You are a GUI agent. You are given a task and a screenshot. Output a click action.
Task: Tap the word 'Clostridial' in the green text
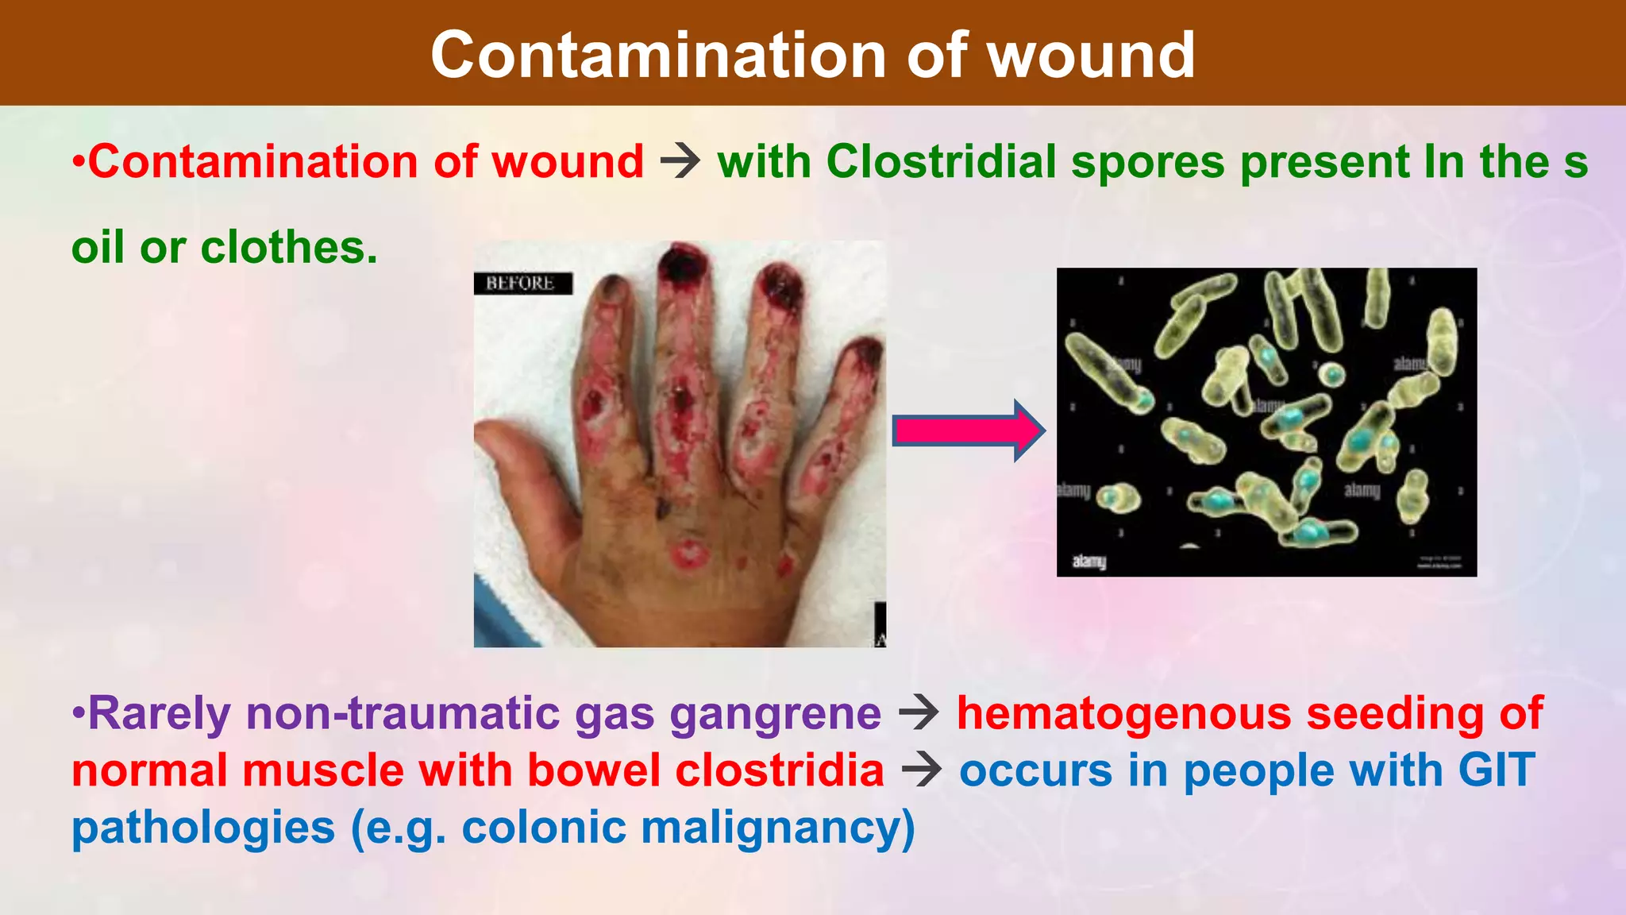tap(941, 162)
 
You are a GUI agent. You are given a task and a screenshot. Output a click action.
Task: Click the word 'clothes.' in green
tap(289, 247)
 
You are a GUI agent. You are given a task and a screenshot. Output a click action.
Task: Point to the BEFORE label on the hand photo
tap(521, 284)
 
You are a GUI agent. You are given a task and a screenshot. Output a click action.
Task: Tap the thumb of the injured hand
tap(516, 461)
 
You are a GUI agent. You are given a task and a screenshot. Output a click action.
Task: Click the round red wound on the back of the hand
tap(689, 554)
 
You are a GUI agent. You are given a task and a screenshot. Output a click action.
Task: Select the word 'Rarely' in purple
tap(159, 713)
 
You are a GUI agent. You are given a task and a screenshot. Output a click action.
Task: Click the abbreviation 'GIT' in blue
tap(1496, 770)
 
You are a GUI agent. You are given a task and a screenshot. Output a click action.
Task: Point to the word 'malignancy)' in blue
tap(778, 828)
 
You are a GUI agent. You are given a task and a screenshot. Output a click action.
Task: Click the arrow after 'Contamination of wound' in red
tap(680, 162)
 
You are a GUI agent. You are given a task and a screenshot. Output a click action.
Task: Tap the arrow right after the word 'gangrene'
tap(919, 713)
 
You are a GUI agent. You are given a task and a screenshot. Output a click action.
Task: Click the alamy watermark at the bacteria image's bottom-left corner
tap(1088, 562)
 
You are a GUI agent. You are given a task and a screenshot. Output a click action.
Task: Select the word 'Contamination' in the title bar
tap(658, 56)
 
